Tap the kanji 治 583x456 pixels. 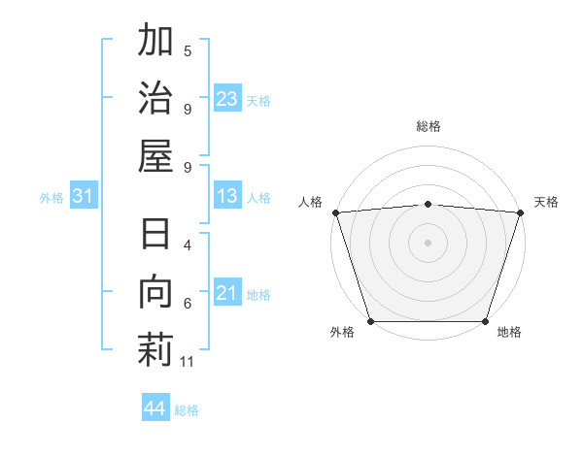click(x=155, y=98)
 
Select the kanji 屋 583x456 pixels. click(x=155, y=155)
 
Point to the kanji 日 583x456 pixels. click(x=155, y=236)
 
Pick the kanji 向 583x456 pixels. click(x=155, y=293)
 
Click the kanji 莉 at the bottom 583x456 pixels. click(x=155, y=350)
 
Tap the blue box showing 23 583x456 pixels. click(x=227, y=98)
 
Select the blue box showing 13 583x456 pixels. click(x=227, y=196)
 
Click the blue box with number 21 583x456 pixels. click(x=227, y=292)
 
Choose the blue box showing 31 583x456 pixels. click(x=83, y=197)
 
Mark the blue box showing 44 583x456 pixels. click(x=154, y=408)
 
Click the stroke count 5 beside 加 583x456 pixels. click(x=188, y=51)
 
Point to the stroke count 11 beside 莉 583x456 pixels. click(x=189, y=362)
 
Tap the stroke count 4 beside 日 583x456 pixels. click(x=188, y=246)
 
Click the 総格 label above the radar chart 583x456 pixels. click(x=429, y=126)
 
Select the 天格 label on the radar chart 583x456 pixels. click(x=546, y=202)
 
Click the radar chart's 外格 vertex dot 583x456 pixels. click(x=370, y=321)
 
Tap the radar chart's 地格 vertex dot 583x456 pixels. click(x=486, y=321)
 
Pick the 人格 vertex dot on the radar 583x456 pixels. click(x=335, y=212)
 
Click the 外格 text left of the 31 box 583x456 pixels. click(x=51, y=198)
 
